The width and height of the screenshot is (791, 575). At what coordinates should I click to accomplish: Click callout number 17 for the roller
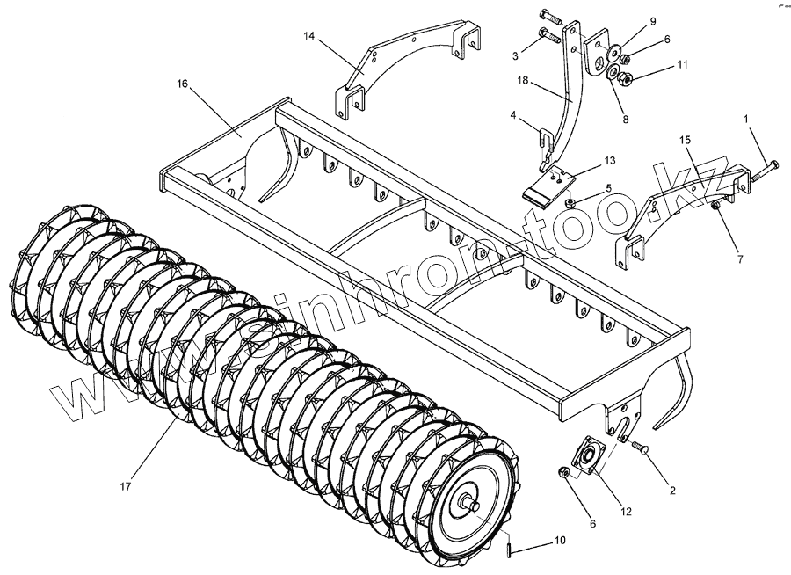tap(127, 485)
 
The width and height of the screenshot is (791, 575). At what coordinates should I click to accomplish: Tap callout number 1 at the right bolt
tap(749, 118)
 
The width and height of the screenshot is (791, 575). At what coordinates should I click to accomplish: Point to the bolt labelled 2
tap(639, 448)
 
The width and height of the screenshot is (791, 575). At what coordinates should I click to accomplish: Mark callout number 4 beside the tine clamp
tap(512, 115)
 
